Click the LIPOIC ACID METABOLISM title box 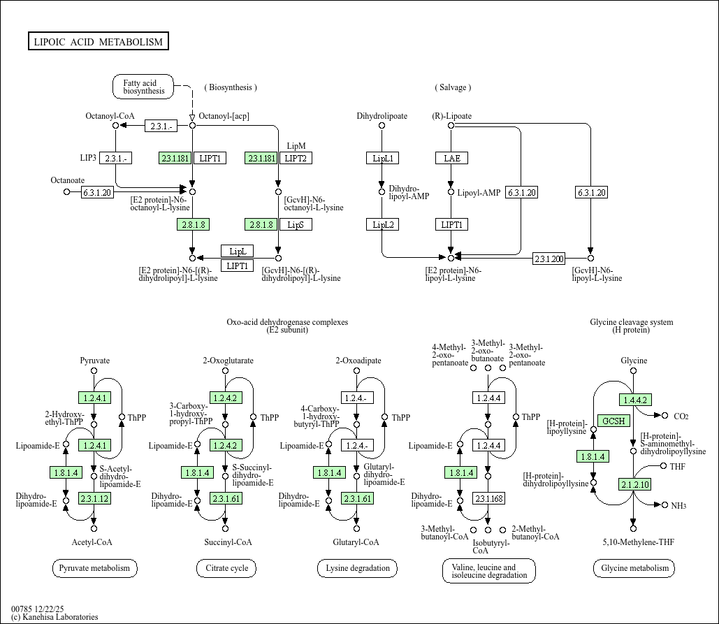point(99,42)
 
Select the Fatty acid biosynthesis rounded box point(144,87)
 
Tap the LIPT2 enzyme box point(296,158)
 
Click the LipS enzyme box point(296,224)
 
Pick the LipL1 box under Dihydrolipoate point(382,158)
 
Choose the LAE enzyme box point(451,158)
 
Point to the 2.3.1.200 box point(549,259)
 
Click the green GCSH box point(614,421)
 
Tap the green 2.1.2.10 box point(634,484)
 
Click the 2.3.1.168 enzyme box point(488,498)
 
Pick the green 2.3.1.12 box point(94,498)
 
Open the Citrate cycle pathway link point(226,568)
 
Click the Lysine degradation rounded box point(357,568)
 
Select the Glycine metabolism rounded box point(634,568)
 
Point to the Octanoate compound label point(68,180)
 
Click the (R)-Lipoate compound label point(451,116)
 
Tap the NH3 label point(679,506)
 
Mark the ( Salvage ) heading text point(453,87)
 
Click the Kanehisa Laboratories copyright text point(55,617)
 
